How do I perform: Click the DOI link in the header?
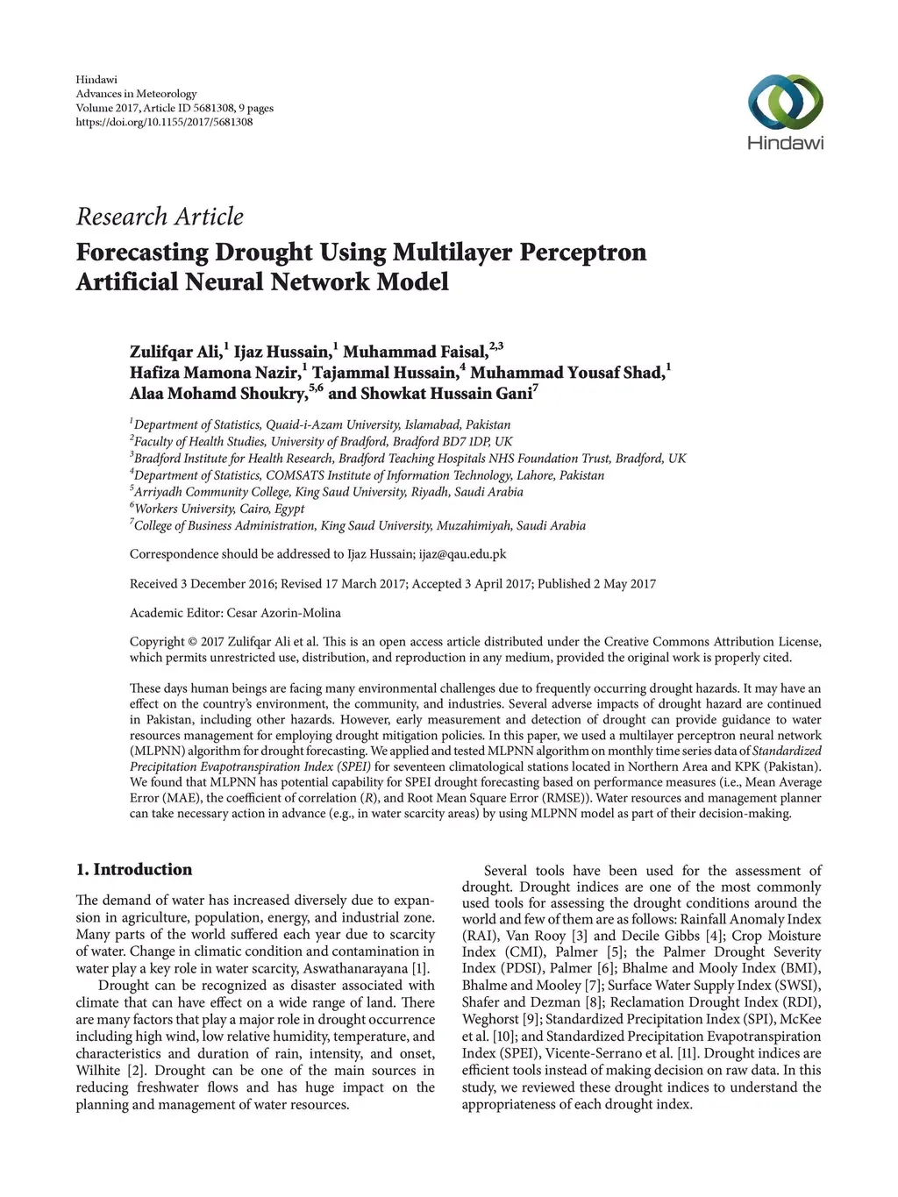click(164, 122)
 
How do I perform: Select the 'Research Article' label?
click(160, 217)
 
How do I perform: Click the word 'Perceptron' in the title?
click(583, 253)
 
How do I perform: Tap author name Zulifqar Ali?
click(175, 353)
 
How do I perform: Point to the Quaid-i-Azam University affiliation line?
click(321, 424)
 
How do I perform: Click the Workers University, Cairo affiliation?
click(218, 509)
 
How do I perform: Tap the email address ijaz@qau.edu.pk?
click(462, 554)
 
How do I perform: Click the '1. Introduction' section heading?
click(133, 870)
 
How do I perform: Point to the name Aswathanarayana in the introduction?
click(356, 968)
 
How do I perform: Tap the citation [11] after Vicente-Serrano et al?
click(688, 1053)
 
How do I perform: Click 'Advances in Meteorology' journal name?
click(136, 94)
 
